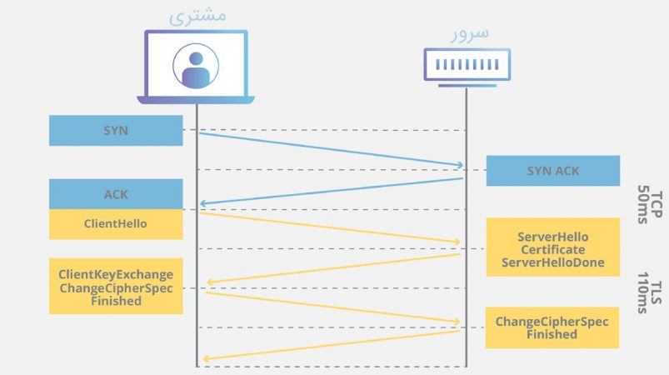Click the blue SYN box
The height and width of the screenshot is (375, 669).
tap(116, 131)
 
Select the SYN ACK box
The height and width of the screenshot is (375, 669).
tap(553, 171)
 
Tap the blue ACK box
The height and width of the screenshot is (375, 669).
tap(116, 194)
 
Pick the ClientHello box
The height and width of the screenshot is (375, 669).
tap(116, 224)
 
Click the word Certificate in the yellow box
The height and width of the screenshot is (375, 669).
tap(553, 249)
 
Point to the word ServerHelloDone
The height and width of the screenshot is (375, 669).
tap(553, 262)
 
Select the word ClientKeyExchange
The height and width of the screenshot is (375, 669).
tap(116, 274)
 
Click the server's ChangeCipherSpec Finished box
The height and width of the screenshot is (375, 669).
tap(552, 327)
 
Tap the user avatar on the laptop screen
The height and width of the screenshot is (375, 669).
tap(196, 66)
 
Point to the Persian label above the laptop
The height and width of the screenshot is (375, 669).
tap(197, 16)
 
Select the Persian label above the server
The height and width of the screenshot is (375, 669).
tap(470, 34)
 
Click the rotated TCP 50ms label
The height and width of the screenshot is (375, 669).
tap(649, 204)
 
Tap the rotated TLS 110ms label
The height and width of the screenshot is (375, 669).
tap(649, 292)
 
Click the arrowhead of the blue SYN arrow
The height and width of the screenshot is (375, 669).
tap(460, 165)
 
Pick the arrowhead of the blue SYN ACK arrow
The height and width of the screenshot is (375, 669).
tap(203, 203)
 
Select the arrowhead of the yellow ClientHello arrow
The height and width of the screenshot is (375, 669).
tap(457, 242)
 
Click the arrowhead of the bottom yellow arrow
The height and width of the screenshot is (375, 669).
tap(206, 359)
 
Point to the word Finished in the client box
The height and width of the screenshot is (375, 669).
tap(116, 301)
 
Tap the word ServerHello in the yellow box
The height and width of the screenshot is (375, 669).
tap(553, 237)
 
